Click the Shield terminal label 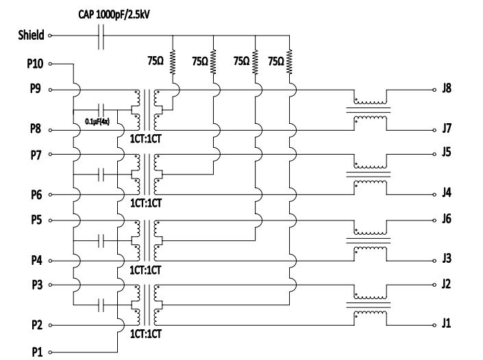click(x=31, y=35)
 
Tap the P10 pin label click(x=35, y=64)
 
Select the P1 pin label click(x=37, y=352)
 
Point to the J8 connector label click(x=447, y=88)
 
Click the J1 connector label click(x=446, y=324)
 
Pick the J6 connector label click(x=447, y=219)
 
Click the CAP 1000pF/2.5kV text click(x=114, y=14)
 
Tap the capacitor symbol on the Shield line click(x=101, y=36)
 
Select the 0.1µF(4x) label click(x=97, y=122)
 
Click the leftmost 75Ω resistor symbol click(x=173, y=62)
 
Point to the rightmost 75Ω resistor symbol click(x=289, y=62)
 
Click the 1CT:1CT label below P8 click(x=145, y=139)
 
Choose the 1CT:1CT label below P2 click(x=145, y=334)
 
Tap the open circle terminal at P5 click(x=50, y=220)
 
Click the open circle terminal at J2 click(x=434, y=285)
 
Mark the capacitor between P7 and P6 click(x=101, y=175)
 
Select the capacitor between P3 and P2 click(x=101, y=305)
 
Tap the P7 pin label click(x=36, y=155)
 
